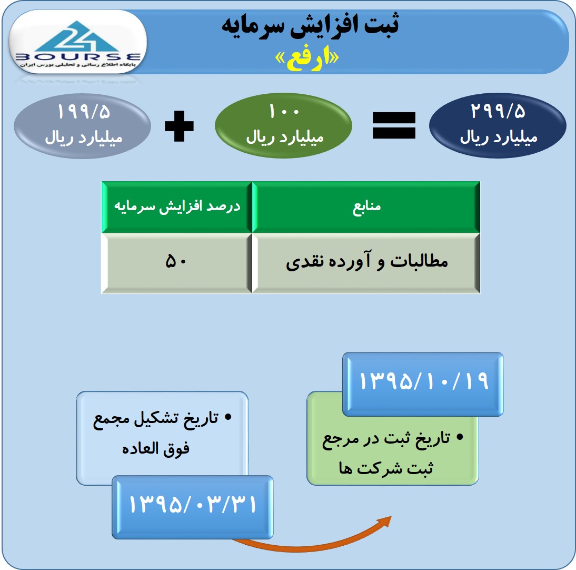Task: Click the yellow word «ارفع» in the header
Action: click(x=307, y=59)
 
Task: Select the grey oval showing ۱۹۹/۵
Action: click(x=82, y=126)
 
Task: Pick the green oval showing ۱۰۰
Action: click(x=284, y=126)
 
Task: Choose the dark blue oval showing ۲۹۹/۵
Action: click(x=498, y=126)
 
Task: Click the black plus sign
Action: click(x=179, y=126)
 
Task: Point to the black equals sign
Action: click(x=394, y=125)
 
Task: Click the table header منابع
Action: click(x=366, y=207)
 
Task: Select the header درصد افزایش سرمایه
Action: click(x=177, y=207)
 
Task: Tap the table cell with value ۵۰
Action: click(x=177, y=263)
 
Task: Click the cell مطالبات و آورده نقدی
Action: click(x=366, y=263)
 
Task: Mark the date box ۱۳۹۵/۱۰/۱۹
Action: click(x=423, y=384)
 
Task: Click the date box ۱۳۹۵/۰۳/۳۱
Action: click(x=193, y=507)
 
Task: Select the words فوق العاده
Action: click(x=156, y=449)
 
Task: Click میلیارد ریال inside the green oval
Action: click(x=285, y=138)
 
